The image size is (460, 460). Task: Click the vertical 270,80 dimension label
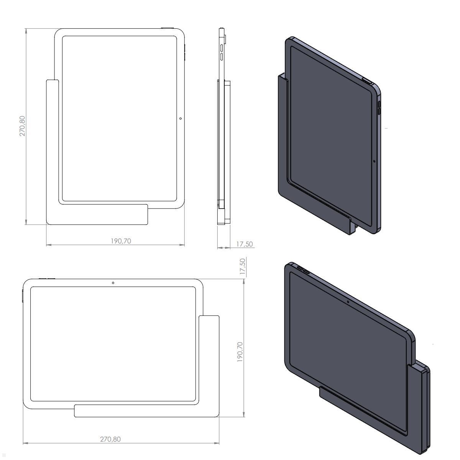tap(23, 126)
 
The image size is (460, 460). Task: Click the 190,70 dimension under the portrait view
tap(121, 241)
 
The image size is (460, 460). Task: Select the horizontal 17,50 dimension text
tap(244, 244)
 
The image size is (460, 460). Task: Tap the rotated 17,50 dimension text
tap(242, 266)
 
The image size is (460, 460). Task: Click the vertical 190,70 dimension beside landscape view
tap(240, 352)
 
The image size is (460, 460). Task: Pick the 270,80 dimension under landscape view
tap(110, 439)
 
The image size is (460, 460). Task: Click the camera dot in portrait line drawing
tap(181, 118)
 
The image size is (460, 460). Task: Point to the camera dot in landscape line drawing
tap(113, 283)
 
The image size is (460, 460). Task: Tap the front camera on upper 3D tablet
tap(374, 161)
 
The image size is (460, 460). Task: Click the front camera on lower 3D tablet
tap(348, 301)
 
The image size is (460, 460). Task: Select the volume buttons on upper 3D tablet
tap(379, 108)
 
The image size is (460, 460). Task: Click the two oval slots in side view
tap(222, 53)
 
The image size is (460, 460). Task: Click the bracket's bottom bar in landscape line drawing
tap(146, 411)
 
